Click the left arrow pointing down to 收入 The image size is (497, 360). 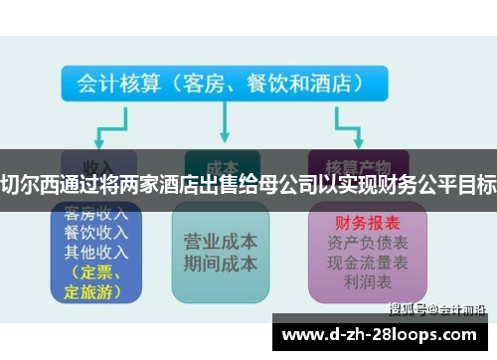(96, 134)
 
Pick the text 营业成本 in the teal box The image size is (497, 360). (221, 242)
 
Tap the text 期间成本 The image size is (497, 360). (221, 264)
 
